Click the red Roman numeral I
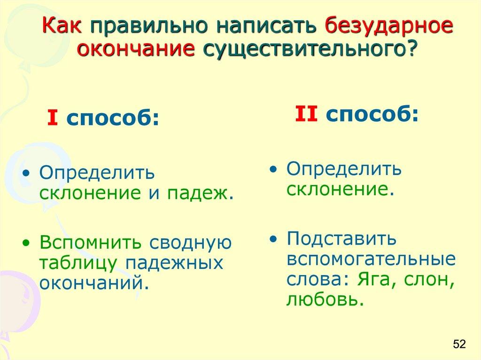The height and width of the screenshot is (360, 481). [53, 120]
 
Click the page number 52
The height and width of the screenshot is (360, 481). [458, 344]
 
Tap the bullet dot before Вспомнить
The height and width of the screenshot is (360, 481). [26, 243]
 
